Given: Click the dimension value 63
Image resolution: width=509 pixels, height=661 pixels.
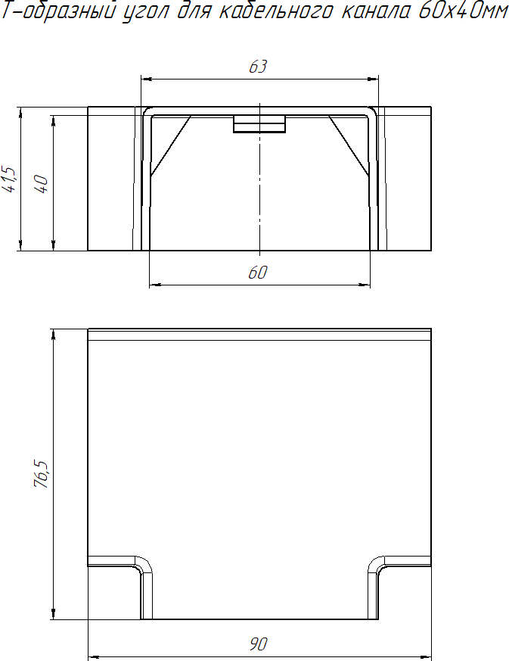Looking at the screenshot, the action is [x=258, y=67].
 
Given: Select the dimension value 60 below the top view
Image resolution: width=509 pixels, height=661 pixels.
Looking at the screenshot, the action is [x=257, y=273].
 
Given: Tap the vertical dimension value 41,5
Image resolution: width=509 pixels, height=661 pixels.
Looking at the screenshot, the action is [x=10, y=179].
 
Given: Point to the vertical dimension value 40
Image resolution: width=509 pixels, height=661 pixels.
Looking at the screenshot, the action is [x=42, y=184].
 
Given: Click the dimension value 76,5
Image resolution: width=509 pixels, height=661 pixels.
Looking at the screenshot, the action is [x=42, y=474].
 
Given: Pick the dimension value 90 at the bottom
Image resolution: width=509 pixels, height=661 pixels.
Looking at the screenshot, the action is [x=258, y=644].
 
